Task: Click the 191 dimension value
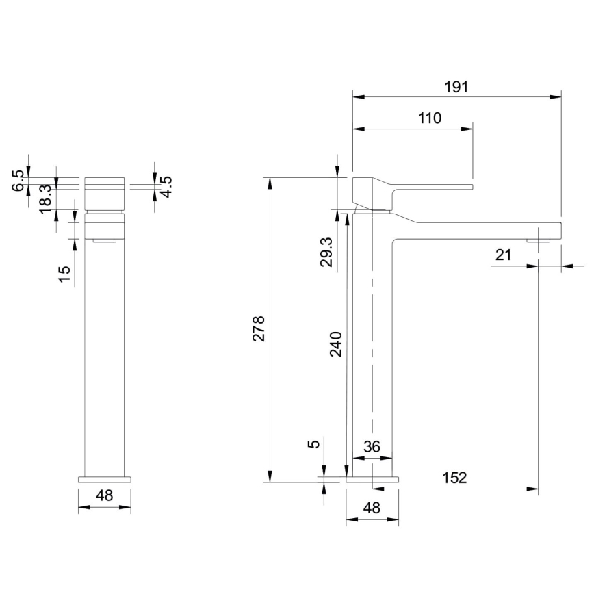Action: pos(456,87)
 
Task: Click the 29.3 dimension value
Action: pos(326,252)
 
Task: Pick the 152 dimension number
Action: pos(453,478)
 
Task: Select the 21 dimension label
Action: pos(504,255)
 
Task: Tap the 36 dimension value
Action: pos(372,447)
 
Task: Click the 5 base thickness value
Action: pos(314,443)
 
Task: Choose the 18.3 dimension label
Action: pos(45,199)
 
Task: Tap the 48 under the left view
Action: pos(104,495)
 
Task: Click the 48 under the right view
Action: pos(372,508)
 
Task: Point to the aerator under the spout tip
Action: pos(538,240)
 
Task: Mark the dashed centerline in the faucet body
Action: pos(372,342)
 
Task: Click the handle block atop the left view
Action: pos(105,194)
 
